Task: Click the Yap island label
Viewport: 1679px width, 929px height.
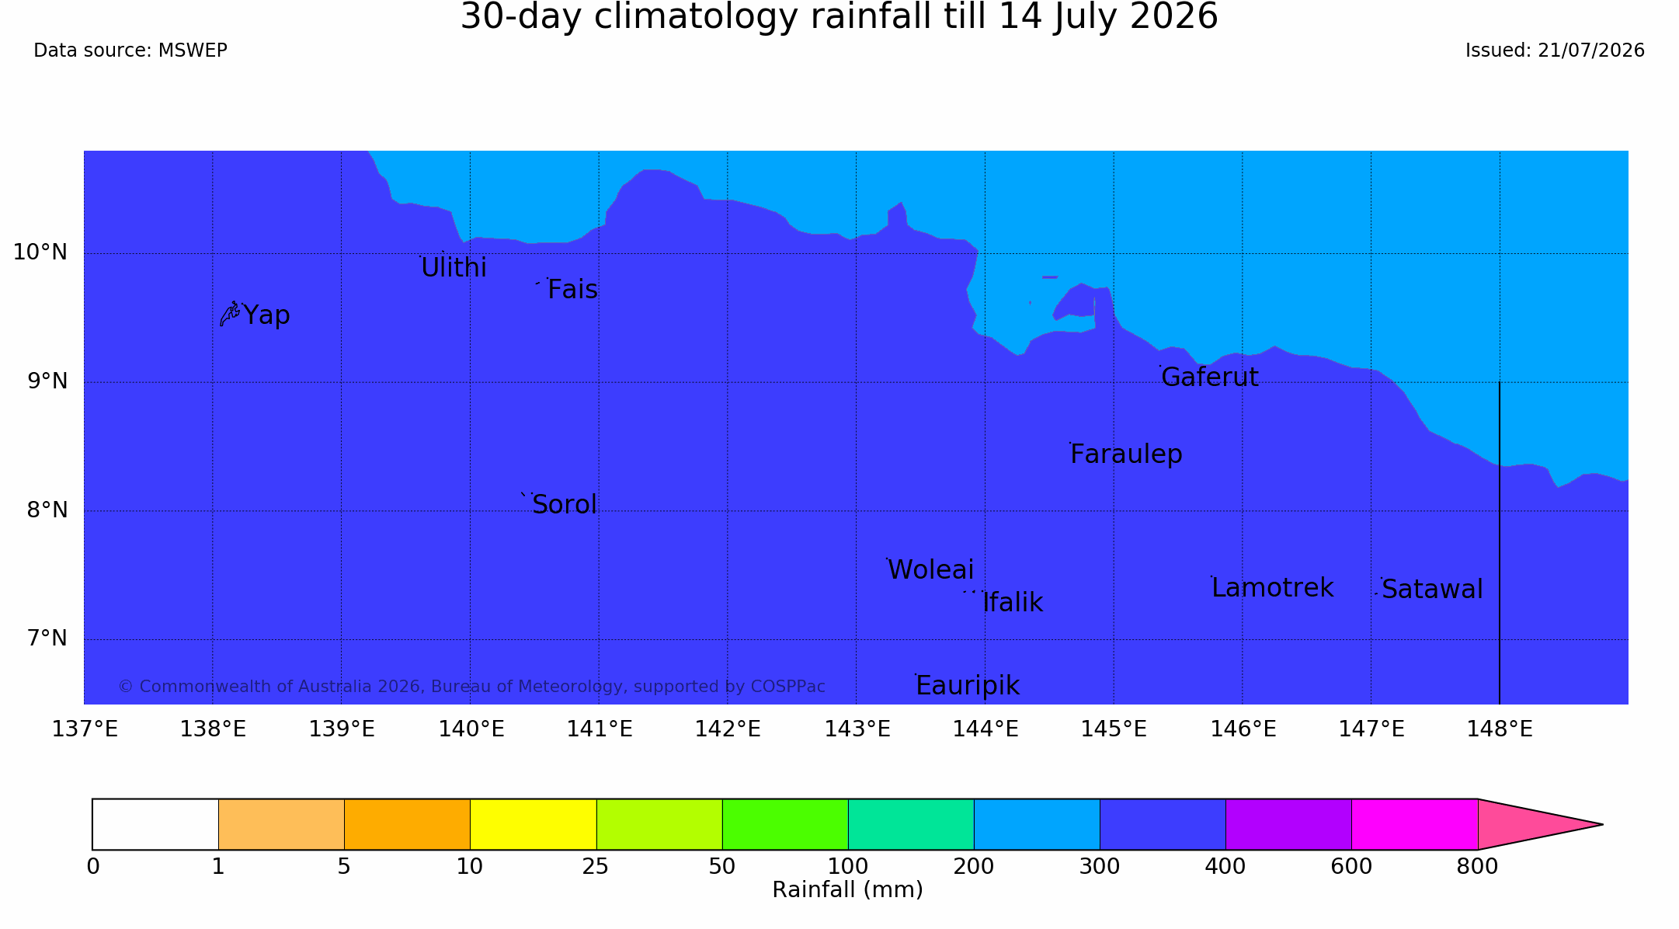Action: tap(266, 315)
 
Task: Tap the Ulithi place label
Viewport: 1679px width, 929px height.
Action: tap(454, 268)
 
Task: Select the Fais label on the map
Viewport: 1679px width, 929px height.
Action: tap(572, 290)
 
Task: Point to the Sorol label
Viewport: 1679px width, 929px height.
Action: tap(565, 505)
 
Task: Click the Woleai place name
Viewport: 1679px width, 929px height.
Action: tap(930, 570)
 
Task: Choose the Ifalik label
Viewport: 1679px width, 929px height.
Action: tap(1013, 603)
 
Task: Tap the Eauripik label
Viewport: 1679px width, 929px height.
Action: tap(968, 686)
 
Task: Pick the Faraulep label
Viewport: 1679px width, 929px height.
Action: tap(1126, 454)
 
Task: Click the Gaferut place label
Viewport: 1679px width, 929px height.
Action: tap(1210, 378)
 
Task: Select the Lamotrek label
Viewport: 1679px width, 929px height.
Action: tap(1273, 588)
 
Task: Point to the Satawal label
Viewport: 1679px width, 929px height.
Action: tap(1433, 590)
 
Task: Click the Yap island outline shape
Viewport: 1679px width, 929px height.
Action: tap(230, 314)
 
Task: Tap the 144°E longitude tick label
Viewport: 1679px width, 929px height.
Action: tap(985, 729)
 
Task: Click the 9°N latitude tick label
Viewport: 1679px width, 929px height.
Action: tap(48, 381)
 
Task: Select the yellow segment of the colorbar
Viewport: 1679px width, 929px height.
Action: tap(534, 824)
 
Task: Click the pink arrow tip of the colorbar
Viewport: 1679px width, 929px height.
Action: tap(1602, 824)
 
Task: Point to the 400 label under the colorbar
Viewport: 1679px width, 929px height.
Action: tap(1225, 867)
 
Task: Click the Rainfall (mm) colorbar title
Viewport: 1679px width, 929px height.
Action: tap(848, 890)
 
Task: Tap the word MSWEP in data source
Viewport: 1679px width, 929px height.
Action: tap(193, 51)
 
